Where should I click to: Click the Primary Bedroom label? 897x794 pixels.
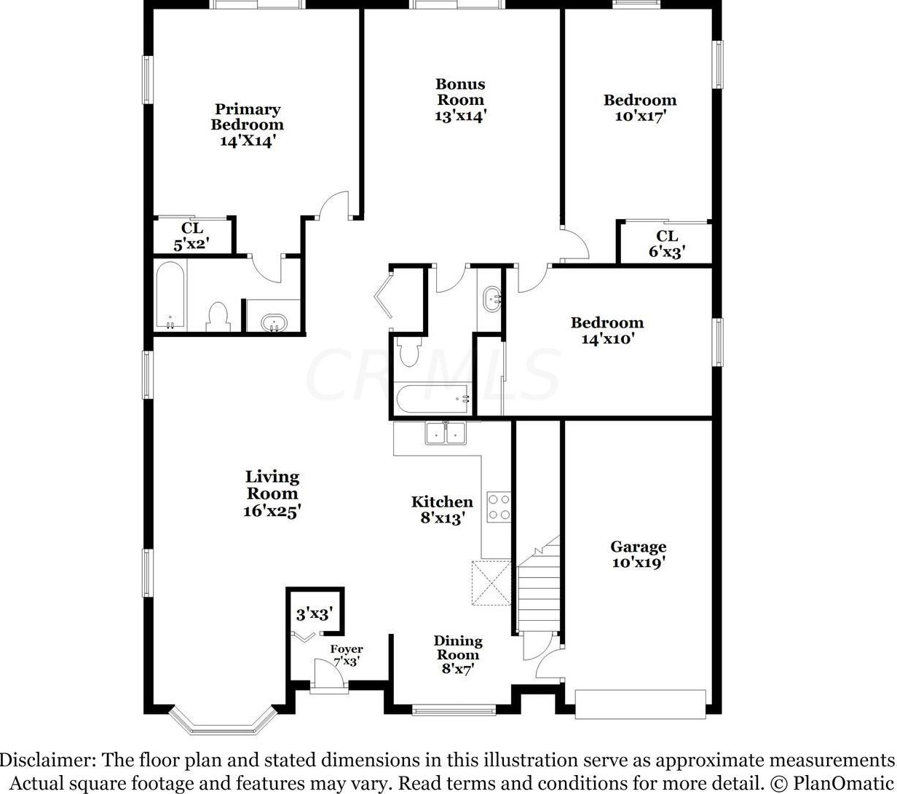(x=247, y=117)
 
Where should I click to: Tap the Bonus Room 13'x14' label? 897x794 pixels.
(x=460, y=100)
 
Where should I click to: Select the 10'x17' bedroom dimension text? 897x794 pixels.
(x=641, y=116)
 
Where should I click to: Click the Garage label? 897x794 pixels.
(x=638, y=547)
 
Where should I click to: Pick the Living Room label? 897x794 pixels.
(x=272, y=485)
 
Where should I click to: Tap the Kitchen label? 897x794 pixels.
(x=442, y=502)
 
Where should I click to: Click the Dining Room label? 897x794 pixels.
(x=458, y=648)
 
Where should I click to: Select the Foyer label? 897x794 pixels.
(x=347, y=649)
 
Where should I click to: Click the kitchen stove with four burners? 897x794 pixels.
(x=499, y=507)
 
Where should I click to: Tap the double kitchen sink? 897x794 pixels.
(x=446, y=433)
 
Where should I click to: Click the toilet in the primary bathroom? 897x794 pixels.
(x=218, y=316)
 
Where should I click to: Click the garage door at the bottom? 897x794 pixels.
(x=640, y=704)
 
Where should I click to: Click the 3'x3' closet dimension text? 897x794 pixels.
(x=314, y=614)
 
